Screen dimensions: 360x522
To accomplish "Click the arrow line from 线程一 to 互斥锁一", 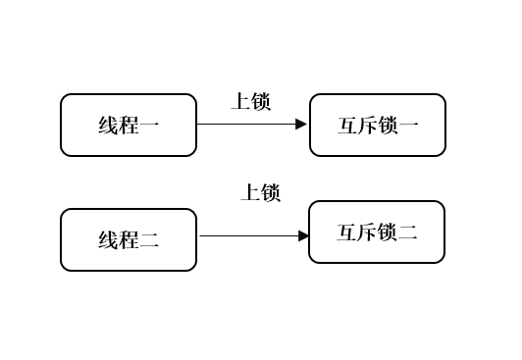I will (245, 125).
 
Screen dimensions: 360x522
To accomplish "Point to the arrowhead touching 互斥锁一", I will (302, 125).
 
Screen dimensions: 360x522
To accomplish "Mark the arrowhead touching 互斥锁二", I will (303, 235).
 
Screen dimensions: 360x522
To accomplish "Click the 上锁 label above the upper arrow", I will (250, 101).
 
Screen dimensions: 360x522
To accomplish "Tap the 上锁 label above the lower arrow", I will (261, 192).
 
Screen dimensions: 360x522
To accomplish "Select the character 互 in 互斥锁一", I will (348, 126).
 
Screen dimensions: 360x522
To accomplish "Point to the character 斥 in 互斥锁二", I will (367, 232).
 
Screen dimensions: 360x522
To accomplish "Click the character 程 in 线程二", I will (129, 240).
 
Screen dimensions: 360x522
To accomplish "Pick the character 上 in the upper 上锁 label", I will (240, 101).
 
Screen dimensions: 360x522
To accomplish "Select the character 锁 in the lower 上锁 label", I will (271, 192).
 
